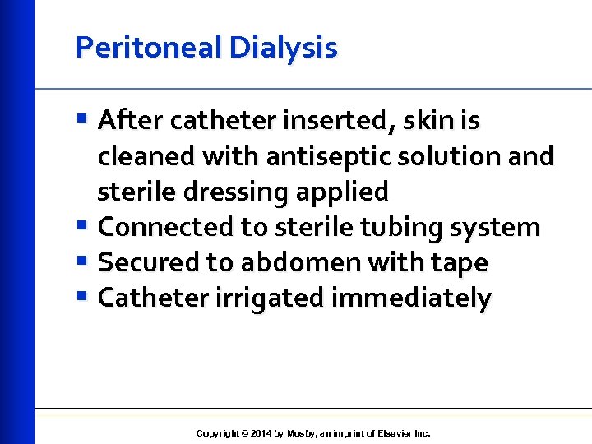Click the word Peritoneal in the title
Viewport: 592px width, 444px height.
[x=149, y=48]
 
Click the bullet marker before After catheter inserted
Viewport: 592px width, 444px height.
[x=82, y=121]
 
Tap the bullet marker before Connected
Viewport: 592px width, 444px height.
[x=82, y=226]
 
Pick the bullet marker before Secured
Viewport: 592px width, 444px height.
[x=82, y=261]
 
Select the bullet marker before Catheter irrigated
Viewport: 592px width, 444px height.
[x=82, y=297]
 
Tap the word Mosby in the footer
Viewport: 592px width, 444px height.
[x=302, y=433]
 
